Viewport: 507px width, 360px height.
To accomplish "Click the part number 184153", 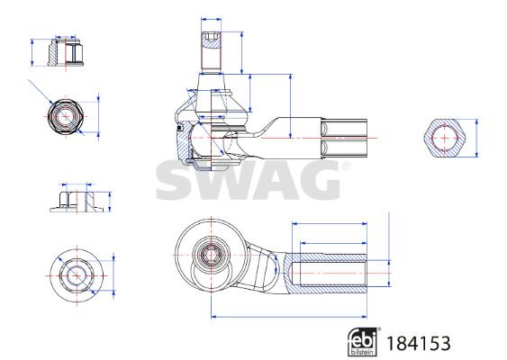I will (x=419, y=343).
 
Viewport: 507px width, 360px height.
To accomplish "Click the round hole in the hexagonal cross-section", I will (x=443, y=138).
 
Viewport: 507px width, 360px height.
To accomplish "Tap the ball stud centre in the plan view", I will (x=213, y=253).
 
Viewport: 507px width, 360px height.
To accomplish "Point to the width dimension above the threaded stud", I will (x=213, y=17).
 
